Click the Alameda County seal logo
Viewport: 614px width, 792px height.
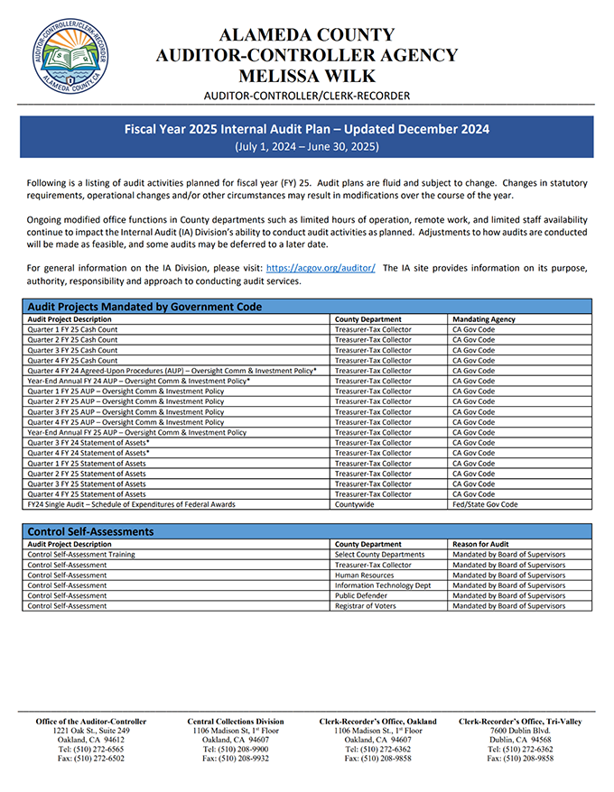click(x=71, y=57)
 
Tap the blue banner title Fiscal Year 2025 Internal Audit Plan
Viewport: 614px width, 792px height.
click(x=306, y=129)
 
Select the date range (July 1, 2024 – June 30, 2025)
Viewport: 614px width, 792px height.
click(x=306, y=146)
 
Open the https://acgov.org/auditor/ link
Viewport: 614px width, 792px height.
click(x=321, y=268)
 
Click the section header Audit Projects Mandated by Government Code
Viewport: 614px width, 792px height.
click(x=145, y=307)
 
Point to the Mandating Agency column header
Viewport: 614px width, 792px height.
click(x=484, y=319)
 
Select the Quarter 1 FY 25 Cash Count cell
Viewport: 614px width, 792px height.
click(x=72, y=329)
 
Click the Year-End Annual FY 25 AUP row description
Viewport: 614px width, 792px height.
click(x=136, y=432)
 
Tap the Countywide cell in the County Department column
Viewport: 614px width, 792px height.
click(x=354, y=504)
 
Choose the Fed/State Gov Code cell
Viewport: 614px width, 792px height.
click(x=485, y=504)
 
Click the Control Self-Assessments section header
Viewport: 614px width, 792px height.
click(x=91, y=531)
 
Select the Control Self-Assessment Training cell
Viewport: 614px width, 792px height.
click(x=81, y=554)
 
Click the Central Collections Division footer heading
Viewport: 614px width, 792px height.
click(x=235, y=722)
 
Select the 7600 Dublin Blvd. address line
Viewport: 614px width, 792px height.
click(x=519, y=730)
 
